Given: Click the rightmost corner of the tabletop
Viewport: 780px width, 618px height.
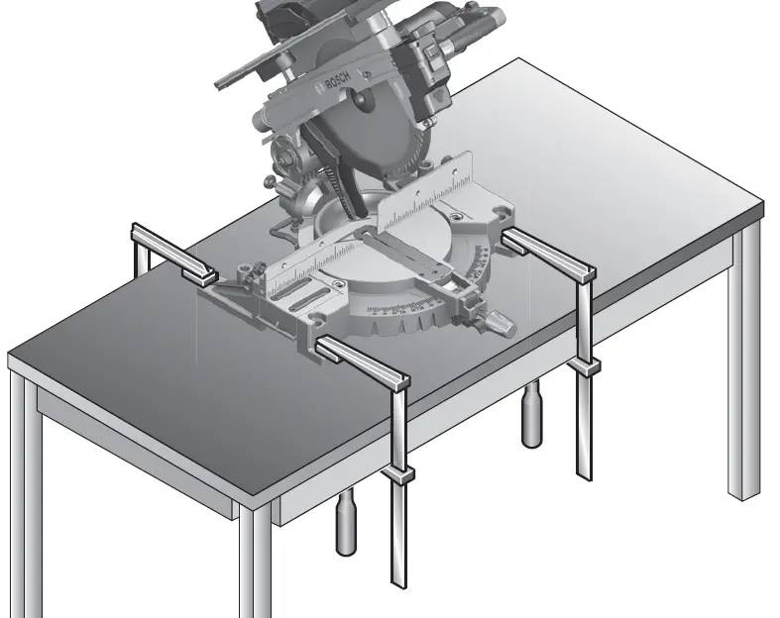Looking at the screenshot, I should (762, 208).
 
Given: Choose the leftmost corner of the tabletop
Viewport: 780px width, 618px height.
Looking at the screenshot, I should (10, 357).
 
